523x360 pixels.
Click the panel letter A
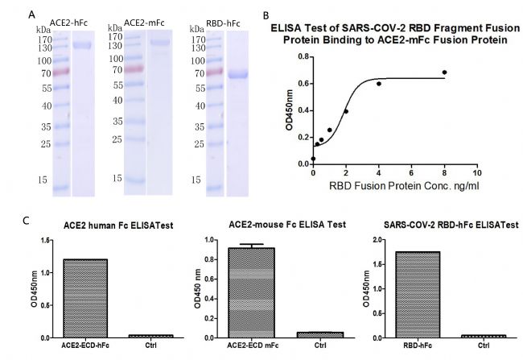[x=31, y=14]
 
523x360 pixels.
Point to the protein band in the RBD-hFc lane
[x=239, y=76]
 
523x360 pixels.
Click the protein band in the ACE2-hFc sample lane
[x=83, y=46]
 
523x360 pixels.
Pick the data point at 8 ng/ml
[x=444, y=72]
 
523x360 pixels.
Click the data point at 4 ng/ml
[x=378, y=84]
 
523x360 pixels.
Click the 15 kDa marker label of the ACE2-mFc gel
[x=117, y=176]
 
